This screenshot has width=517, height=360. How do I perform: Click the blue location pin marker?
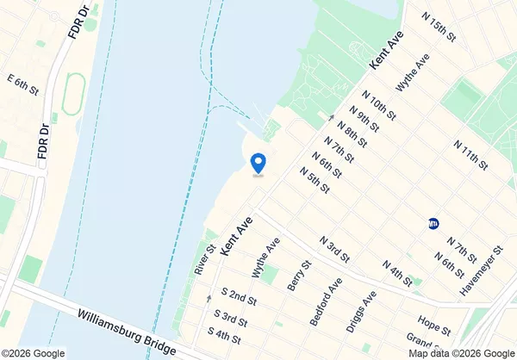point(257,162)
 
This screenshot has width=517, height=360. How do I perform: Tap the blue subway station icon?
point(433,224)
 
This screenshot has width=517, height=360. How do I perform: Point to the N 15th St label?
point(438,25)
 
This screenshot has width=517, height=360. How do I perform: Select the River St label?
point(204,260)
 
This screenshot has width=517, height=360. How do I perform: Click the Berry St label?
point(299,276)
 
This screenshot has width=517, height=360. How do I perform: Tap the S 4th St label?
point(225,332)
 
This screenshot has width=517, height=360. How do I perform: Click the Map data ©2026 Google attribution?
point(461,353)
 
